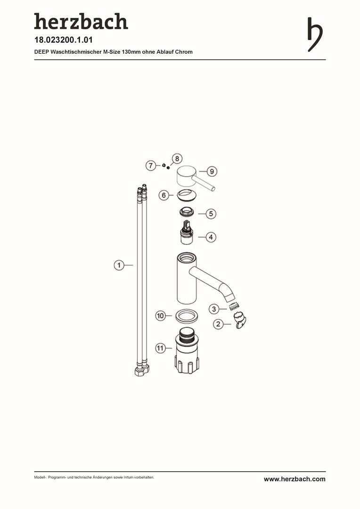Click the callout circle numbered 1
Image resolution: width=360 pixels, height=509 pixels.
point(119,265)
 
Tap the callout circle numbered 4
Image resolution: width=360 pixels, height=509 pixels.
point(211,237)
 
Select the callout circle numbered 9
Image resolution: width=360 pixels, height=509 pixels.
point(212,172)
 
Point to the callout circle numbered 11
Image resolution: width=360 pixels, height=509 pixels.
point(160,349)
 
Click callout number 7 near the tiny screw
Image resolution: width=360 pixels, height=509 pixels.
point(150,165)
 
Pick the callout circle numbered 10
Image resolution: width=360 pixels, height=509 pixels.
point(160,315)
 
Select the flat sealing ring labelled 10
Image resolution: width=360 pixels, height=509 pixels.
point(187,316)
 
